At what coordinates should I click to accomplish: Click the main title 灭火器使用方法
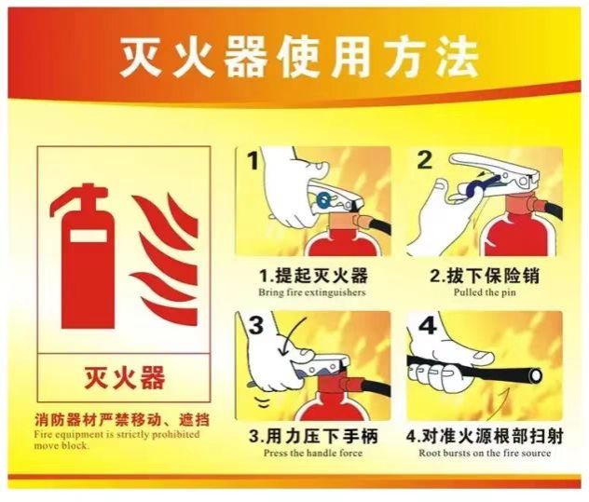click(x=298, y=57)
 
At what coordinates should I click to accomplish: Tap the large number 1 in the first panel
click(x=253, y=161)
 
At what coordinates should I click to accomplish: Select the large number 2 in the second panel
click(x=425, y=160)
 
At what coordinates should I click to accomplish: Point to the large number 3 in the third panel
click(x=256, y=324)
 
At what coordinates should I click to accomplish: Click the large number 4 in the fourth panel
click(x=427, y=325)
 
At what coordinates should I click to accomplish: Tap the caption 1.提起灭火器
click(x=314, y=276)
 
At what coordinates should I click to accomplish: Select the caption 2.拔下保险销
click(x=485, y=276)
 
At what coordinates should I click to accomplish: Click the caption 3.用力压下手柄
click(x=313, y=436)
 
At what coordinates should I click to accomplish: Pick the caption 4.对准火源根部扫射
click(x=485, y=436)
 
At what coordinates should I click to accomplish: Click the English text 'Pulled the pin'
click(x=485, y=292)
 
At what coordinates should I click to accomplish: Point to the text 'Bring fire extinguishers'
click(x=312, y=292)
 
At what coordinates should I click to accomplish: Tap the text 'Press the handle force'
click(x=313, y=453)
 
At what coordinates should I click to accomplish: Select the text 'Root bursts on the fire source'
click(x=485, y=453)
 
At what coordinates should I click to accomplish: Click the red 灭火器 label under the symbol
click(x=124, y=377)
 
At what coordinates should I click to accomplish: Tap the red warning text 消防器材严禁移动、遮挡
click(x=122, y=420)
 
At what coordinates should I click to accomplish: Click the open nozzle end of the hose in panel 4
click(x=535, y=374)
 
